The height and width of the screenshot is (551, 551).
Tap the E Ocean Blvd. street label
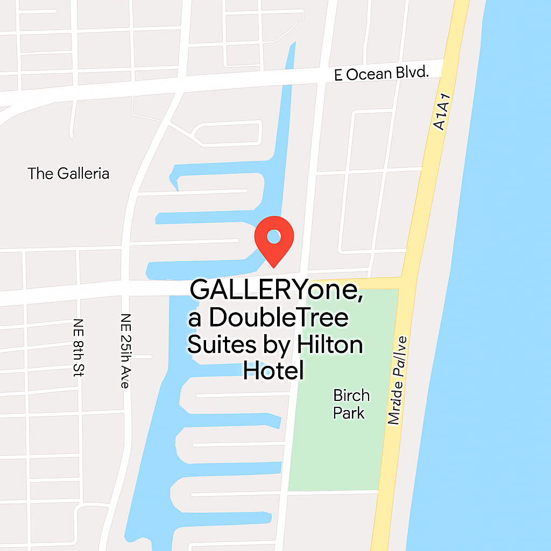tap(382, 73)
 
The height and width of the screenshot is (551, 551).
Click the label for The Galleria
tap(68, 174)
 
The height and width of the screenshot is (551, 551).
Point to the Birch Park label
tap(351, 404)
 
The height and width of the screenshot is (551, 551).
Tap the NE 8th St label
tap(80, 347)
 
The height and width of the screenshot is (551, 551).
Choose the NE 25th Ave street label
tap(125, 350)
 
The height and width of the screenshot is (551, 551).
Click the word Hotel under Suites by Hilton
tap(273, 371)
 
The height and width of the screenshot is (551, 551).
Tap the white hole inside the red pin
tap(274, 236)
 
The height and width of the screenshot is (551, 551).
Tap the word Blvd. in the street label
tap(413, 72)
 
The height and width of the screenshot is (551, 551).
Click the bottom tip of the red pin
tap(274, 266)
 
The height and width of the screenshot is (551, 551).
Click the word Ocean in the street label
tap(369, 74)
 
